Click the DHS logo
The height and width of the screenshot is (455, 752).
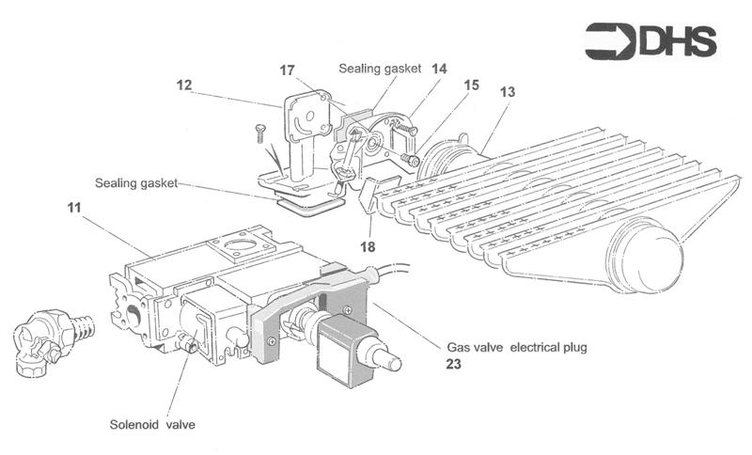pyautogui.click(x=650, y=41)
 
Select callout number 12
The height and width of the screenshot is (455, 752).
pyautogui.click(x=183, y=86)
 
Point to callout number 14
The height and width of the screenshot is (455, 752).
pyautogui.click(x=439, y=69)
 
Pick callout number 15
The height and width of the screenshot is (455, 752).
pyautogui.click(x=471, y=86)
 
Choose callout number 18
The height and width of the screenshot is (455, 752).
pyautogui.click(x=368, y=246)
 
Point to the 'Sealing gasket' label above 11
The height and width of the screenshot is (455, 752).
pyautogui.click(x=136, y=181)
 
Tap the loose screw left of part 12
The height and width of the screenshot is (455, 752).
pyautogui.click(x=260, y=133)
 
